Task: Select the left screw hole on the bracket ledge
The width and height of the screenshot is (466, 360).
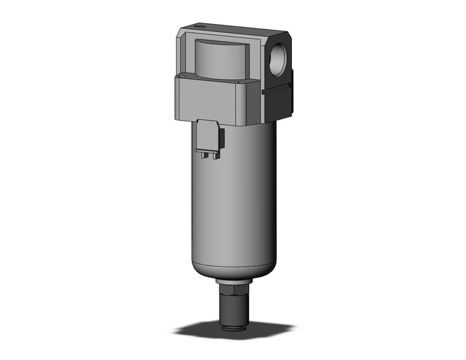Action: pyautogui.click(x=186, y=76)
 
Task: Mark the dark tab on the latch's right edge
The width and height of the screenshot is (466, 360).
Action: pyautogui.click(x=222, y=137)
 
